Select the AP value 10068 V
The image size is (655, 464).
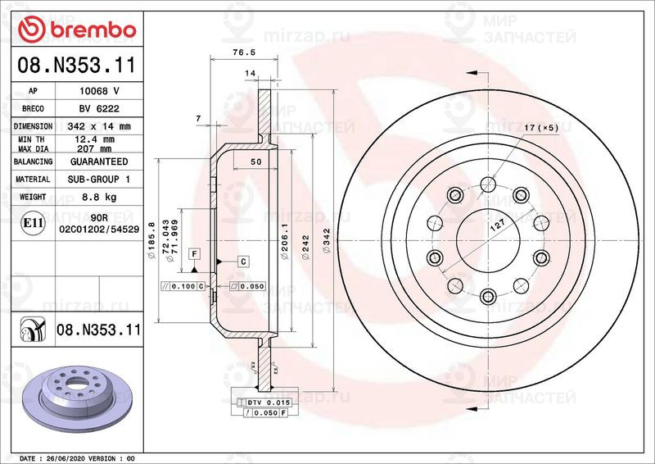coord(99,91)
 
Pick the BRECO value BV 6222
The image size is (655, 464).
coord(99,109)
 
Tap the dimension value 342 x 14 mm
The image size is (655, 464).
coord(99,127)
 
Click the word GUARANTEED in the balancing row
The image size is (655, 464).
coord(99,162)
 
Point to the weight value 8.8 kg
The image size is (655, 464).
coord(99,198)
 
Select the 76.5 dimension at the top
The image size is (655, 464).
coord(239,52)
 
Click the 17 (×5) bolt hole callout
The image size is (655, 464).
coord(541,128)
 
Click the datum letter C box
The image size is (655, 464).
coord(243,261)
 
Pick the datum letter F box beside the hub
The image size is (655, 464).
coord(194,254)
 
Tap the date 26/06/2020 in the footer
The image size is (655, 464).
coord(67,457)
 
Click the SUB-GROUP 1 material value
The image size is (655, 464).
coord(99,180)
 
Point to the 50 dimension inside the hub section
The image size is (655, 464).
coord(255,162)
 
